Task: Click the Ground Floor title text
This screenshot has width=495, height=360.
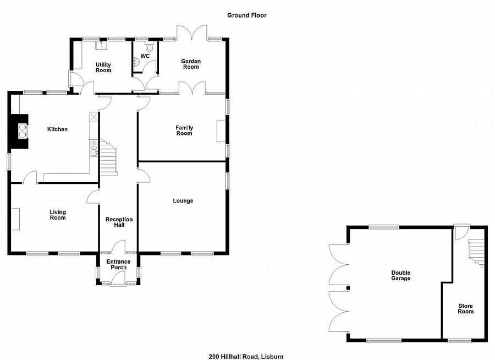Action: coord(247,15)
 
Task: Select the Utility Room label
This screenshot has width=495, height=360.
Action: coord(103,68)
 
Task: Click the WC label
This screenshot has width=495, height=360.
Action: coord(145,56)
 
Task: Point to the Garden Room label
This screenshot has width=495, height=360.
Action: coord(191,64)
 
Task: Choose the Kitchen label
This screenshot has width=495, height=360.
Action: coord(57,129)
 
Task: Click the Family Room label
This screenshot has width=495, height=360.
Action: coord(184,130)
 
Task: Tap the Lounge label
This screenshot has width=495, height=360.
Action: coord(183,201)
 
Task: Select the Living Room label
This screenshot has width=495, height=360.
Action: coord(58,215)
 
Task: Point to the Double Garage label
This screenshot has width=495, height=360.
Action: coord(400,275)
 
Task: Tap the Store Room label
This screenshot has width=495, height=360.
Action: coord(465,308)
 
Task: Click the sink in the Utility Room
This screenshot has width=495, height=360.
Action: coord(101,46)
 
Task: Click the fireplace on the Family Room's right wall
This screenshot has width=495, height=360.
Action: coord(221,131)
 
